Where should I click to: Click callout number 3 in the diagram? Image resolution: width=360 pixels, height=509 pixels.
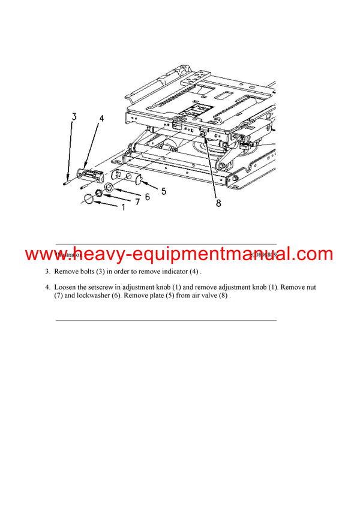click(74, 117)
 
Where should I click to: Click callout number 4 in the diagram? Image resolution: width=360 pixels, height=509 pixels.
click(101, 119)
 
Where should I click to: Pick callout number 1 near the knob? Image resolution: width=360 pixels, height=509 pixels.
click(124, 207)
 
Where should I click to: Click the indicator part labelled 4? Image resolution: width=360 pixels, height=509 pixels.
click(92, 175)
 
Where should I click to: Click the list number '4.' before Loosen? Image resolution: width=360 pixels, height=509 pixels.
click(47, 287)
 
